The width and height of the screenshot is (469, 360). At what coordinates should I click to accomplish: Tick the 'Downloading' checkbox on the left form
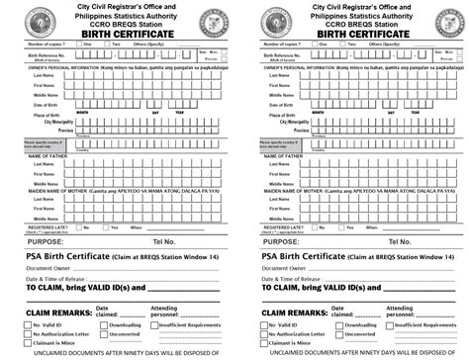tap(103, 324)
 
